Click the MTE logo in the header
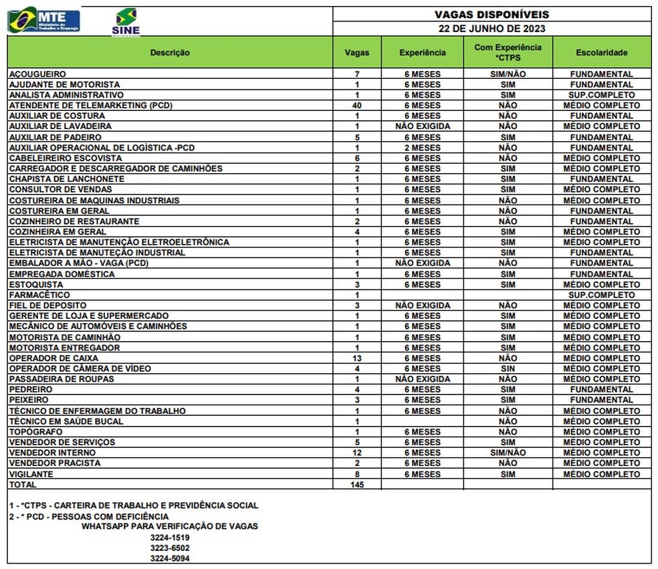pos(44,20)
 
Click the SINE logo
pos(126,22)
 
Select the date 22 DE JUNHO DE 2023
pos(491,29)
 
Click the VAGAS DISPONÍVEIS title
pos(491,14)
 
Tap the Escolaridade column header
pos(602,52)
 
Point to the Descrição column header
pos(170,52)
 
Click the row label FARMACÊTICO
pos(39,295)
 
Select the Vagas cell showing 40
pos(357,106)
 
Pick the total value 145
pos(357,484)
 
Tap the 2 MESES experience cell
pos(422,148)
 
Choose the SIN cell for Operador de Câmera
pos(508,368)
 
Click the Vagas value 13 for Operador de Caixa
pos(357,358)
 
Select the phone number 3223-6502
pos(170,548)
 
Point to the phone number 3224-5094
pos(170,558)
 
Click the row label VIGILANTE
pos(31,474)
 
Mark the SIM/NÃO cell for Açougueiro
pos(508,74)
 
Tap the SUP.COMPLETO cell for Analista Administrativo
pos(602,95)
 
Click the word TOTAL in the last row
pos(23,484)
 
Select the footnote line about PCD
pos(89,516)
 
